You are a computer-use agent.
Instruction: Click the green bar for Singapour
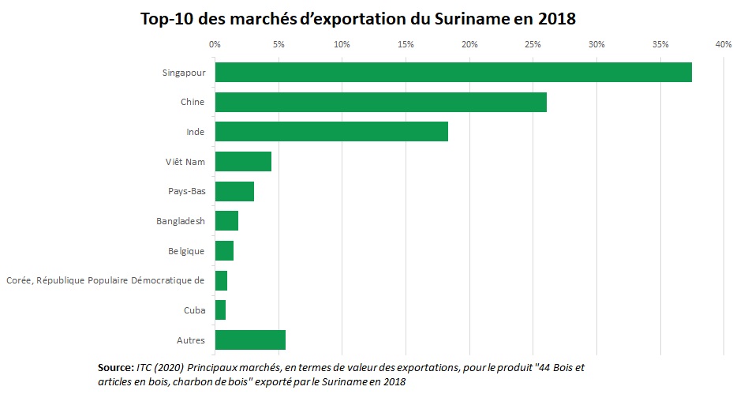tap(453, 72)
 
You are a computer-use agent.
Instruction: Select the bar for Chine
tap(380, 102)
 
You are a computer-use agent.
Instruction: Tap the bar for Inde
tap(331, 131)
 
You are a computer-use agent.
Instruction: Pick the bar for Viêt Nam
tap(243, 161)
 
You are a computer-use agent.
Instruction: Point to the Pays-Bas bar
tap(234, 191)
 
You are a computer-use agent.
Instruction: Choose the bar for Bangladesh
tap(226, 221)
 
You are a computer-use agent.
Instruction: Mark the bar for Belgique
tap(224, 250)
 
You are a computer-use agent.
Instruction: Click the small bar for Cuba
tap(220, 310)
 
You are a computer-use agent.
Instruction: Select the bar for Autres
tap(250, 340)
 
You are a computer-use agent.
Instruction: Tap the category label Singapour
tap(184, 73)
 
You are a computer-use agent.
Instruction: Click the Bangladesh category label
tap(181, 221)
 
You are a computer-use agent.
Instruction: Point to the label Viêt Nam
tap(186, 162)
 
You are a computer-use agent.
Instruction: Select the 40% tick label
tap(723, 45)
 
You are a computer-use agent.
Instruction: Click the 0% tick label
tap(215, 45)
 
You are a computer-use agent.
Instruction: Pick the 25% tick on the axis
tap(533, 45)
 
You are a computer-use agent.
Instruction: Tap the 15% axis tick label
tap(406, 45)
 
